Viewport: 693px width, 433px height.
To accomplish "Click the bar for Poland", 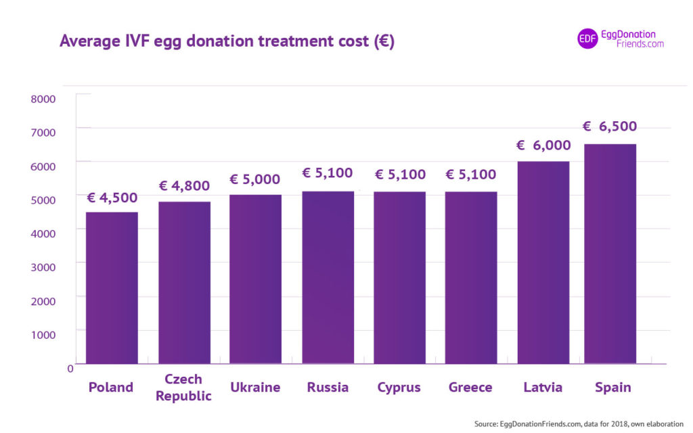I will tap(112, 288).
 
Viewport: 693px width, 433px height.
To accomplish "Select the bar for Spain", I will tap(610, 254).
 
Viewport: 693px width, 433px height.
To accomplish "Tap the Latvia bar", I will tap(543, 263).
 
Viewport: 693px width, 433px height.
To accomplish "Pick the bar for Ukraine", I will tap(255, 279).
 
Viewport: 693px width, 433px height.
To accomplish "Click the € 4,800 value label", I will tap(184, 186).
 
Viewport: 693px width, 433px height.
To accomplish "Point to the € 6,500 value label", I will tap(610, 127).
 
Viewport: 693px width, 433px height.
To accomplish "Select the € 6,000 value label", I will tap(543, 145).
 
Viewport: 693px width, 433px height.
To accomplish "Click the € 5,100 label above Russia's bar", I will tap(328, 173).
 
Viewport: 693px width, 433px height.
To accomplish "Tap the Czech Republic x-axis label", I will tap(183, 388).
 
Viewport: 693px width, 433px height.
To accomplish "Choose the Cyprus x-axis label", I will tap(399, 388).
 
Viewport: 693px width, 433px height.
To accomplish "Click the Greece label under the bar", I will tap(470, 388).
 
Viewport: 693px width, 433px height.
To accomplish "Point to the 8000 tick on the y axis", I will tap(43, 99).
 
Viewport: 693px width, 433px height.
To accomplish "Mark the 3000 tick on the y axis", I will tap(43, 267).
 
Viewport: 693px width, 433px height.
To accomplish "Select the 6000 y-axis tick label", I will tap(43, 166).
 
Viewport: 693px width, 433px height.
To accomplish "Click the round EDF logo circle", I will tap(587, 39).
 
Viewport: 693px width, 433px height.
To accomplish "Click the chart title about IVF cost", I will tap(227, 41).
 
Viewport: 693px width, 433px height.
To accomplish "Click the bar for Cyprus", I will tap(399, 277).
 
